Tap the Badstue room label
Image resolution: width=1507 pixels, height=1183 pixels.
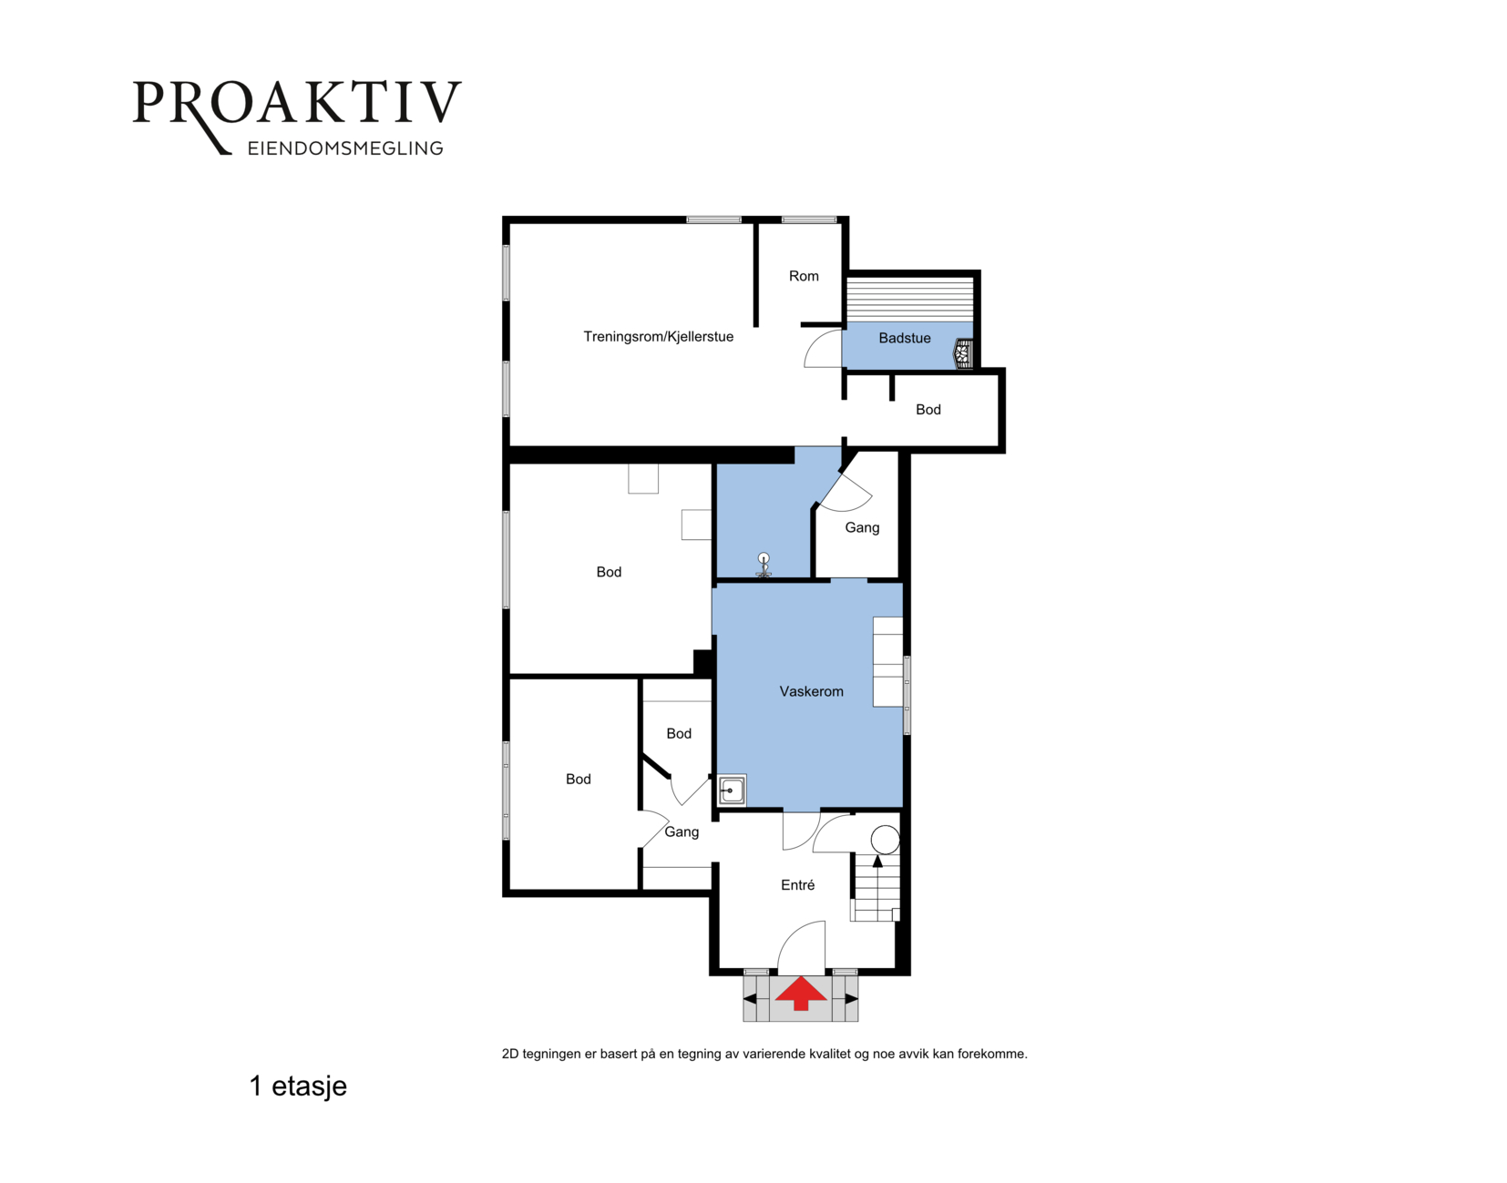pos(905,338)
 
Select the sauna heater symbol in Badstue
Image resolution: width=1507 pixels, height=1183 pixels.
pos(964,353)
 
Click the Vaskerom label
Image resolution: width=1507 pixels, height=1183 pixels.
pos(812,691)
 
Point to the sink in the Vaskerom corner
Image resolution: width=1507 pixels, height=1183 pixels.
pos(732,790)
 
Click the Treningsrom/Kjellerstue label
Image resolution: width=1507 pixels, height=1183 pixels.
pos(658,337)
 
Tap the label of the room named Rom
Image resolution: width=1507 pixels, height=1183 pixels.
pos(804,276)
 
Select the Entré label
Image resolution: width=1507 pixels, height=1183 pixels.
pos(797,885)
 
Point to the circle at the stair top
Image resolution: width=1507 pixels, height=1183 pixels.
pos(885,840)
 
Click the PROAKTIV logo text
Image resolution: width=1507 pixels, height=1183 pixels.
pos(297,104)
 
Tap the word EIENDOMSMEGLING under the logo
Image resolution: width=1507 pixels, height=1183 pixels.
pos(345,148)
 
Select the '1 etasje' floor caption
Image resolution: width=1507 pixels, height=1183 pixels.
pos(298,1086)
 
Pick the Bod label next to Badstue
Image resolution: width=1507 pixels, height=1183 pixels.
pos(928,410)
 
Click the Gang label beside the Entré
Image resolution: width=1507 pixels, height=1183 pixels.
pos(682,831)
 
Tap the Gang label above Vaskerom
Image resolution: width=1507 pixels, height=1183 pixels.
pos(862,527)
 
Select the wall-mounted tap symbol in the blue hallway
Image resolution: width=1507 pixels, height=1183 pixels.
pos(764,565)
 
